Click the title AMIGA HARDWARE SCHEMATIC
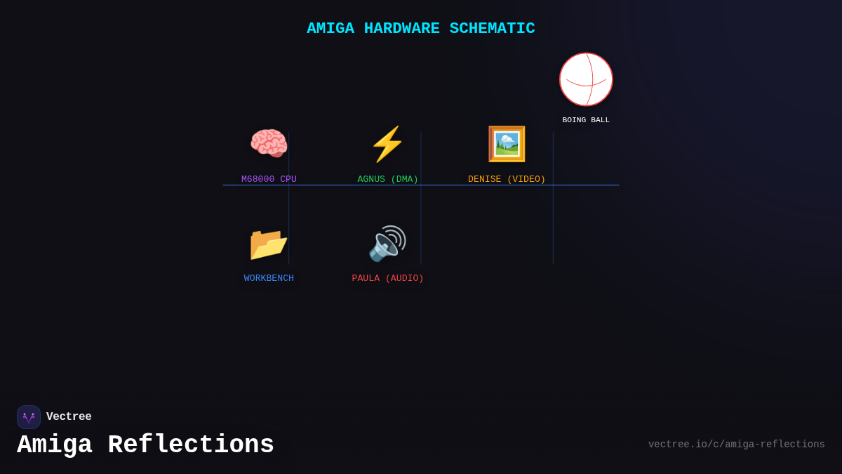pos(420,29)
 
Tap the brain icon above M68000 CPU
pos(269,144)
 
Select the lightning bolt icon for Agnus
pos(387,144)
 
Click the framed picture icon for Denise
pos(507,144)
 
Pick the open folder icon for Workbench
pos(269,244)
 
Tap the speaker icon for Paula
pos(387,244)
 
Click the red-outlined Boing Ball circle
pos(586,79)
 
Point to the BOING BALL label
pos(586,120)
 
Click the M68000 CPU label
pos(269,179)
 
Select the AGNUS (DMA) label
pos(387,179)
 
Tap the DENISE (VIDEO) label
pos(507,179)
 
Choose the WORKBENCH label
pos(269,278)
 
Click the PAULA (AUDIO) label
pos(387,278)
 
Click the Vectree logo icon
pos(29,417)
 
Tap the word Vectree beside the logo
pos(69,417)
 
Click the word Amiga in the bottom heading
pos(55,445)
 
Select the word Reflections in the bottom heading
pos(191,445)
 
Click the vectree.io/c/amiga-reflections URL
pos(736,445)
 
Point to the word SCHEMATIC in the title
pos(492,29)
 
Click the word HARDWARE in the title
pos(401,29)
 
